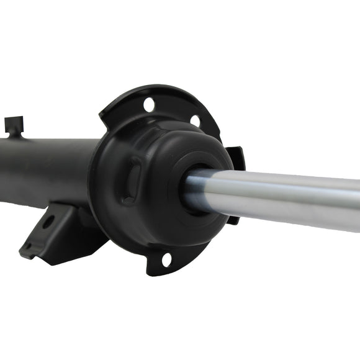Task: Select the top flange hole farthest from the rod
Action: pos(149,104)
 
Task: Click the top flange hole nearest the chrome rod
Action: pos(195,120)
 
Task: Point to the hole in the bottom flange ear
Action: pos(166,260)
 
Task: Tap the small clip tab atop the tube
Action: pos(14,124)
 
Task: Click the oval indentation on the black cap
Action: pos(132,180)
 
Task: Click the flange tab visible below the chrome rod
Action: pos(233,218)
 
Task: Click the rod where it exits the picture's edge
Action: pos(354,202)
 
